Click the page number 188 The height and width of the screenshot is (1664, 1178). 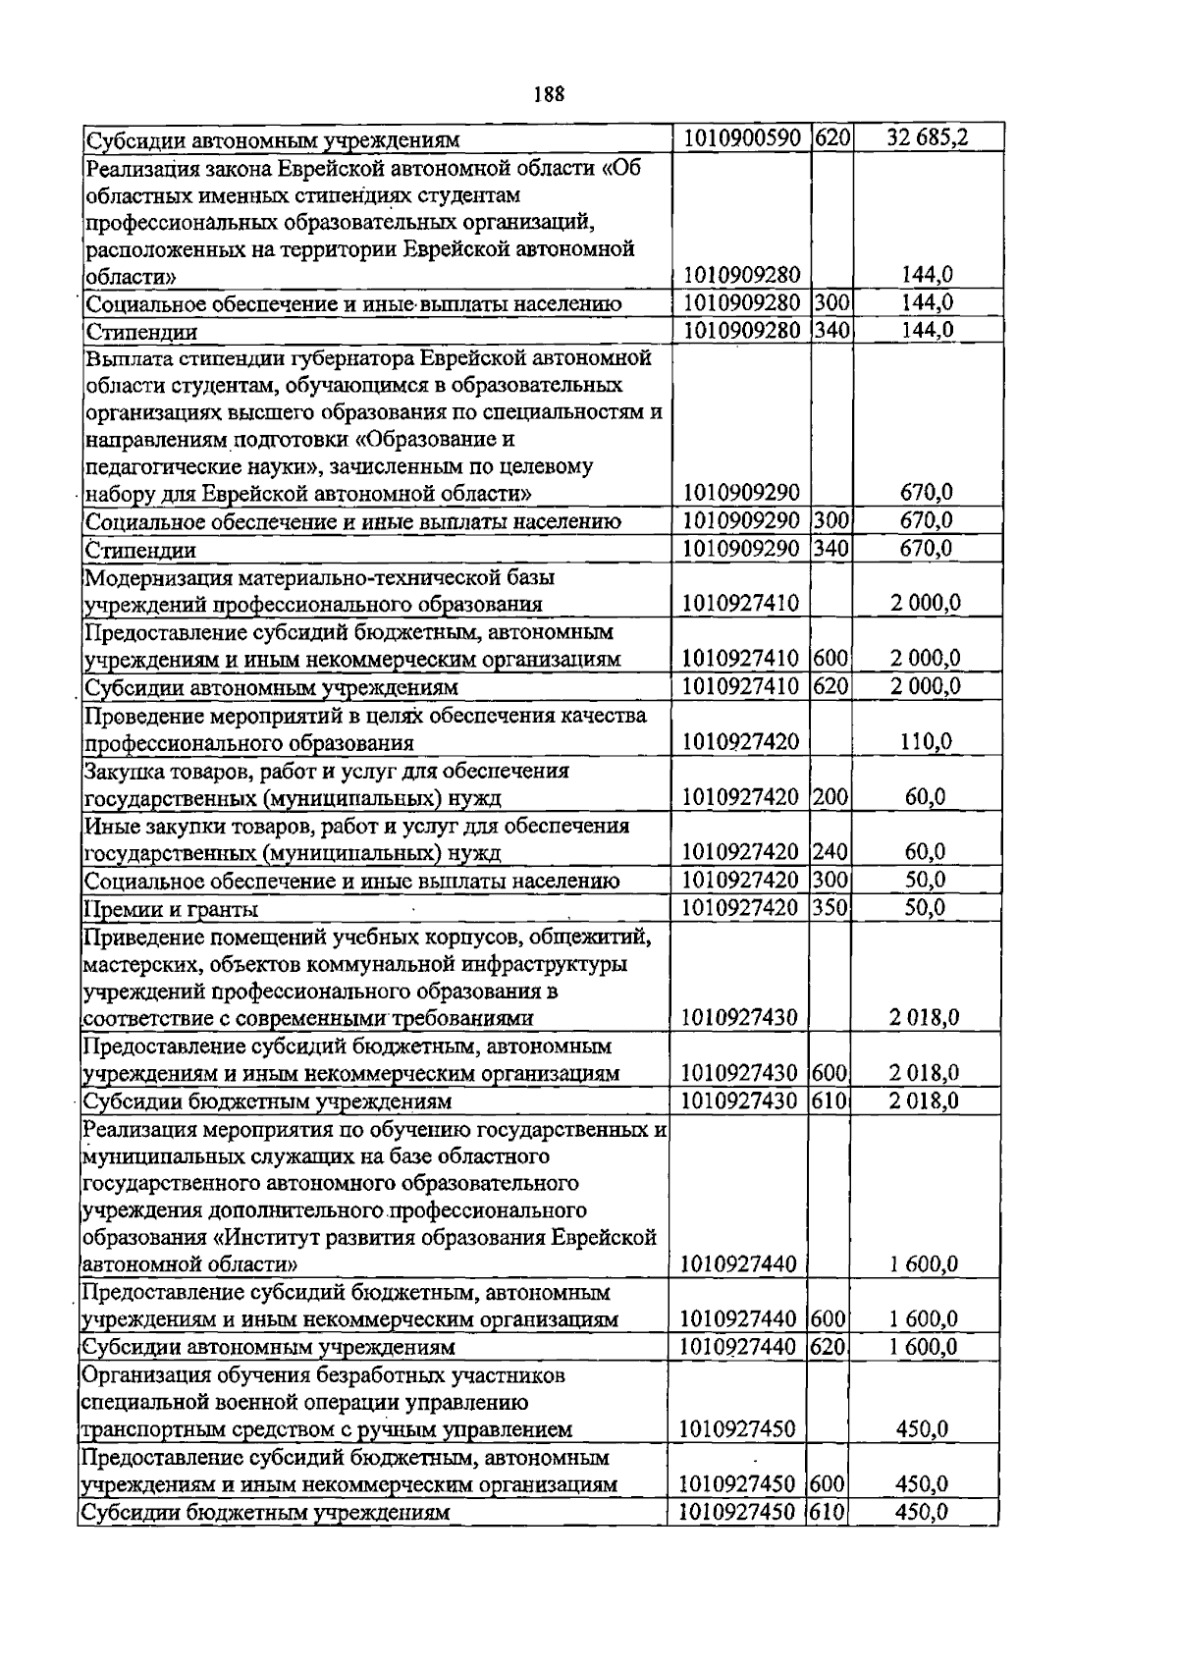click(549, 95)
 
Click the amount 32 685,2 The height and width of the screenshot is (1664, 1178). click(927, 138)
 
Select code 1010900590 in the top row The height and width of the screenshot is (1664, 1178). click(741, 138)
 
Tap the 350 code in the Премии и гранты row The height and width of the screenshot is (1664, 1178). click(830, 908)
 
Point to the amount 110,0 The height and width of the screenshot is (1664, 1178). click(925, 742)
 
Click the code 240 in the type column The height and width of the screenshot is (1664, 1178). click(830, 852)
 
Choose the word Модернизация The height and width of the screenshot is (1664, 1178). click(153, 577)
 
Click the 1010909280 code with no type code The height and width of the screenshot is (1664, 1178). click(741, 275)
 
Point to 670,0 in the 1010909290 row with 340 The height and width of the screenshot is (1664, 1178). click(927, 549)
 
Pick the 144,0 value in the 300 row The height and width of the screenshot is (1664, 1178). click(928, 303)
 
